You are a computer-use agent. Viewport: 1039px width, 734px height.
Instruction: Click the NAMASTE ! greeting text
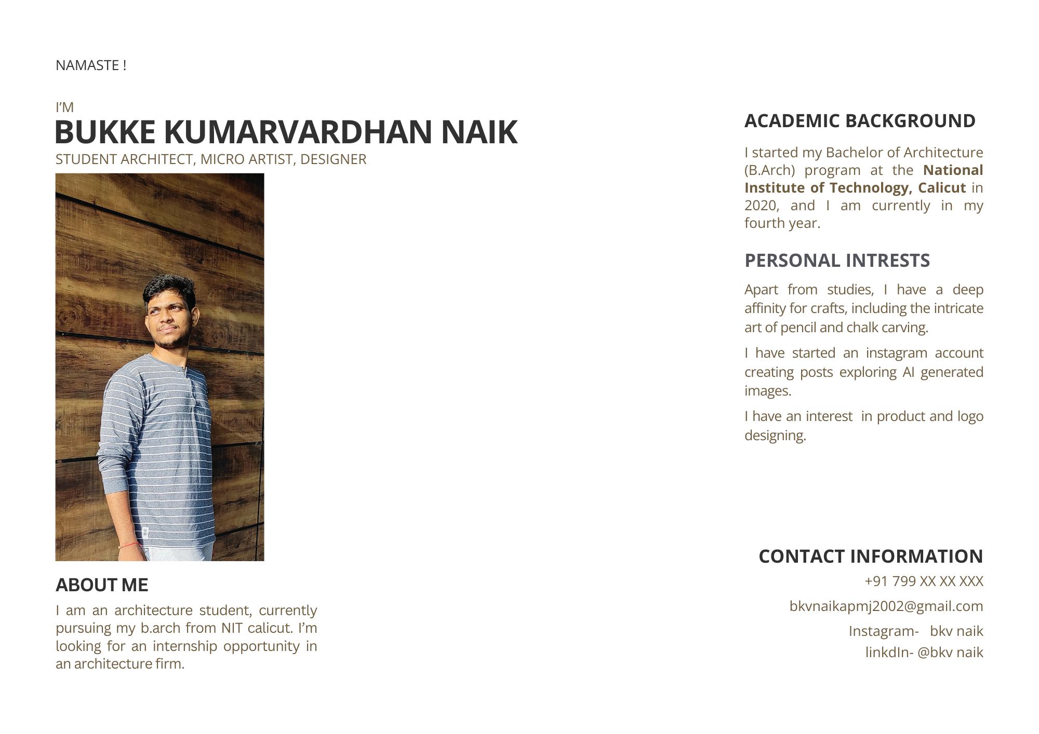[x=91, y=65]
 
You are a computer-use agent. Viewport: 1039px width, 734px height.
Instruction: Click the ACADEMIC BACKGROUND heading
[x=860, y=121]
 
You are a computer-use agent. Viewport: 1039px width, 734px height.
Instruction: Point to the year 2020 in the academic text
[x=761, y=206]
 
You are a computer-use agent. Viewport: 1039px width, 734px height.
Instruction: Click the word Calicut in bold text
[x=941, y=187]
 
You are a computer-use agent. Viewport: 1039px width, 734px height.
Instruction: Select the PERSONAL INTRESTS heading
[x=837, y=261]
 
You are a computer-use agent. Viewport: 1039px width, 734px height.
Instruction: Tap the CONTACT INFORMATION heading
[x=871, y=556]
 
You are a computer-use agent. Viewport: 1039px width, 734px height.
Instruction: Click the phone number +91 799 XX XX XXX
[x=924, y=581]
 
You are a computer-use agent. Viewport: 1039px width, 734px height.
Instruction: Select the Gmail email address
[x=886, y=606]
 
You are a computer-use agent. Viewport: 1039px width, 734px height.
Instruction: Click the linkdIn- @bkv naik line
[x=924, y=653]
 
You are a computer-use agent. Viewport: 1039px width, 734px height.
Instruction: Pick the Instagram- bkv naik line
[x=915, y=631]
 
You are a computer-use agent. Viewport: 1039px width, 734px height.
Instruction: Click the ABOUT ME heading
[x=102, y=585]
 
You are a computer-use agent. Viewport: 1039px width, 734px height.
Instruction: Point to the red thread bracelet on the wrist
[x=130, y=546]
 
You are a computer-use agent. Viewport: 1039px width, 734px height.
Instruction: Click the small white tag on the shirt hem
[x=145, y=532]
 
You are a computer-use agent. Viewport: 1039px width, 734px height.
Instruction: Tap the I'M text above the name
[x=64, y=107]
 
